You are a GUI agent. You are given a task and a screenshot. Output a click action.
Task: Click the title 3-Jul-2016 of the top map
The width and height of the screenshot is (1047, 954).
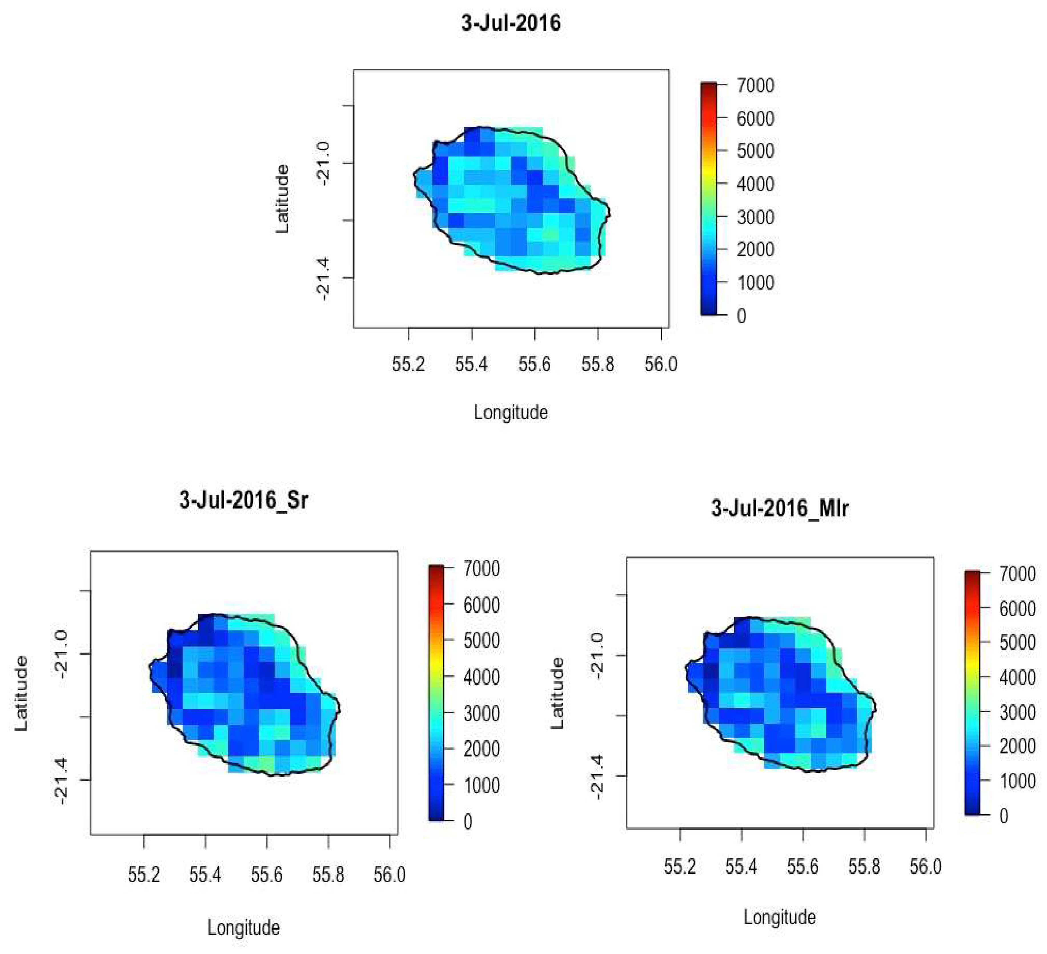coord(511,23)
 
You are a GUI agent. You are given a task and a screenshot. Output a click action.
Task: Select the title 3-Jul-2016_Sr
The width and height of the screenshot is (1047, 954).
coord(244,500)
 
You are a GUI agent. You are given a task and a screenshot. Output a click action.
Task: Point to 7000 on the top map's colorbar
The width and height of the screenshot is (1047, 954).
coord(755,86)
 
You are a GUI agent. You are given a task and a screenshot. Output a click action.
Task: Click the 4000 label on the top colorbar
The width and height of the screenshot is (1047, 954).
coord(755,184)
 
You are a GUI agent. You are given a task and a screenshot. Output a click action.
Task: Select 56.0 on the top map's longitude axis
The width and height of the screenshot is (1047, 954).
coord(661,364)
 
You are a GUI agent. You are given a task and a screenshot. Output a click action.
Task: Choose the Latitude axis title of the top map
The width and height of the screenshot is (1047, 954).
coord(282,199)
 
